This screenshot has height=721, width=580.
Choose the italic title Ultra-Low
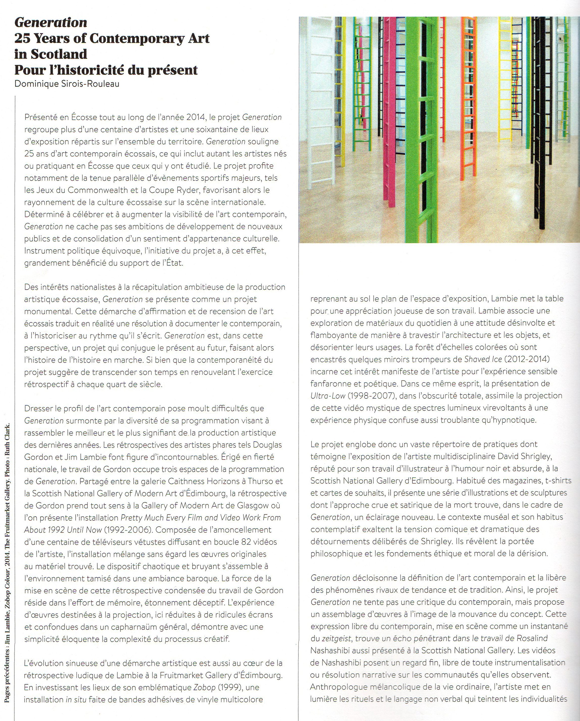click(x=327, y=396)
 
